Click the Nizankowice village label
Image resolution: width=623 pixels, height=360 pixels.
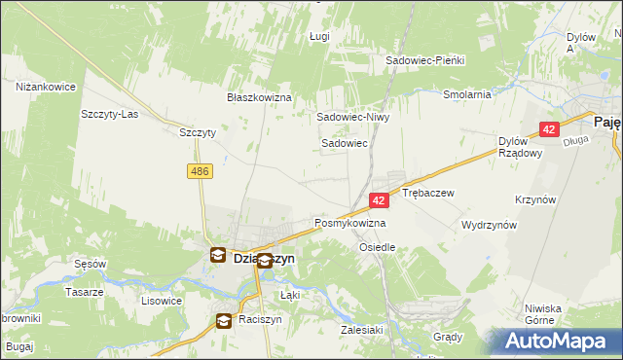point(46,87)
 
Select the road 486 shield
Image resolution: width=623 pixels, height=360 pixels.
point(200,171)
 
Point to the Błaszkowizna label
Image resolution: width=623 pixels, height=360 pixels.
point(260,97)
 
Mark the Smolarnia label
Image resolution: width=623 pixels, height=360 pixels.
point(466,94)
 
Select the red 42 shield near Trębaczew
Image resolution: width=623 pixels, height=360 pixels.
point(380,199)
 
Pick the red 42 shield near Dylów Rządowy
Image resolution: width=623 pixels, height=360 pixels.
point(549,128)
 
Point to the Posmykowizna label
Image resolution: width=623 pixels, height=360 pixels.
point(349,223)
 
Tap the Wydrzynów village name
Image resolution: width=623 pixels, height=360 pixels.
point(489,224)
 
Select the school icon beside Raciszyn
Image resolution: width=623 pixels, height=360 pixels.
point(223,319)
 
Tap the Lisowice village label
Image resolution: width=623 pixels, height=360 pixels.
point(162,301)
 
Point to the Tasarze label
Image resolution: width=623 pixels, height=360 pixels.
point(84,292)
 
